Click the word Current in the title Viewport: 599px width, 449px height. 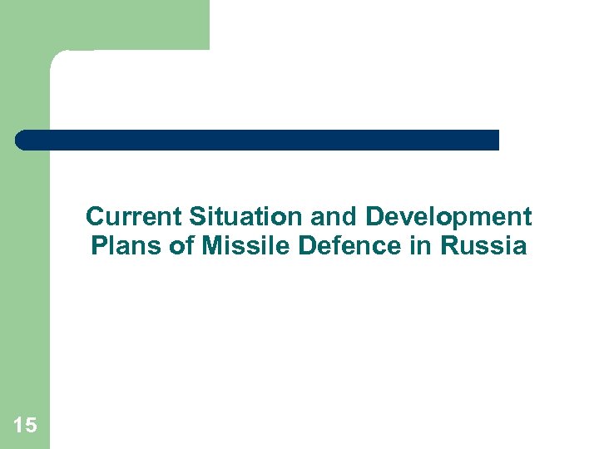click(x=134, y=217)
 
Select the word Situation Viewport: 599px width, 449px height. click(x=246, y=217)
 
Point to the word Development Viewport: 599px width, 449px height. click(x=448, y=218)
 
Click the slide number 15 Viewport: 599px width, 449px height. click(x=25, y=426)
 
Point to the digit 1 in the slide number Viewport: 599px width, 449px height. click(x=18, y=426)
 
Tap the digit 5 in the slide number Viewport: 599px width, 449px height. click(x=31, y=426)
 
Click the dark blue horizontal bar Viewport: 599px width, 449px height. click(x=258, y=140)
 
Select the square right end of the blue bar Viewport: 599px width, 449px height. click(x=494, y=140)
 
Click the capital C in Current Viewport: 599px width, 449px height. click(x=95, y=217)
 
